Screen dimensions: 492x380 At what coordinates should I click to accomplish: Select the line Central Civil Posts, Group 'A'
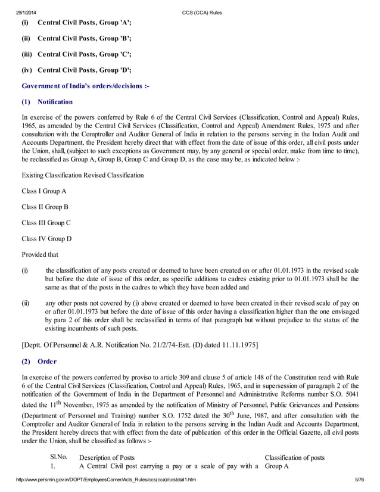pyautogui.click(x=84, y=23)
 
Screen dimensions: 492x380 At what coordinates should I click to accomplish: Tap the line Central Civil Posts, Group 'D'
pyautogui.click(x=84, y=70)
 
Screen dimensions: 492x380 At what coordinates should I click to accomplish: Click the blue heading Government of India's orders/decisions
pyautogui.click(x=85, y=86)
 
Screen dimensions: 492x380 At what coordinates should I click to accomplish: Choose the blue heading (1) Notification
pyautogui.click(x=47, y=102)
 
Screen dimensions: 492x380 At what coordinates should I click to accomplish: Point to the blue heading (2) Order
pyautogui.click(x=39, y=361)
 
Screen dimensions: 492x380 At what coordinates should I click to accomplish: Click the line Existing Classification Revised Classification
pyautogui.click(x=82, y=176)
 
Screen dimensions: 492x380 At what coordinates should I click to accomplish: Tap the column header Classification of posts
pyautogui.click(x=294, y=457)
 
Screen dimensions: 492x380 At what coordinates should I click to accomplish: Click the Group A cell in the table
pyautogui.click(x=276, y=466)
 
